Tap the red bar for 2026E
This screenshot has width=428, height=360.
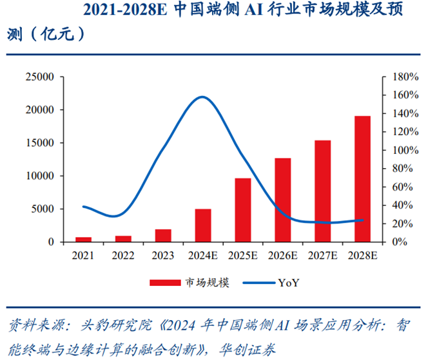point(282,200)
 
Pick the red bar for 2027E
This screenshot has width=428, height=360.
point(322,191)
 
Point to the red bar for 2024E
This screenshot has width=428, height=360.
point(203,225)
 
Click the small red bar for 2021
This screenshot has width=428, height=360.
point(84,239)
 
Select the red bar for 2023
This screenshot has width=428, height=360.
point(163,235)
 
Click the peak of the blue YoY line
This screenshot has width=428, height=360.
point(202,97)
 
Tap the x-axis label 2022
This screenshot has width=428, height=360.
point(123,256)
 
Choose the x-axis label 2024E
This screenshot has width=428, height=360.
point(202,256)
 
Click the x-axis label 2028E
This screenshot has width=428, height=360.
point(362,256)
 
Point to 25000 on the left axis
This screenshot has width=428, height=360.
point(39,77)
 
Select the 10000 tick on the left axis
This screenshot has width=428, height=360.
point(39,176)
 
